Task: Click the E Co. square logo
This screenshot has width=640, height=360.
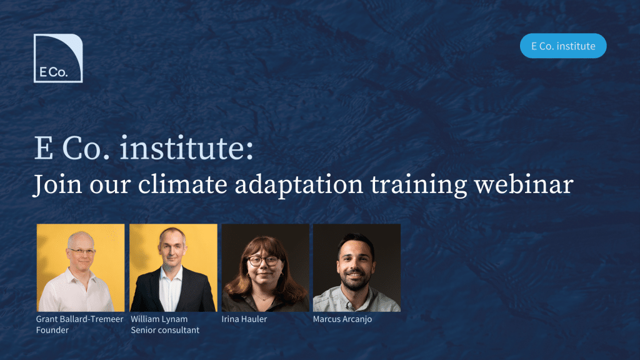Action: click(58, 58)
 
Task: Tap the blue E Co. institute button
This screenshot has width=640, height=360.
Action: click(563, 46)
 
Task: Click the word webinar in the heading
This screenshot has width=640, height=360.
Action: click(524, 184)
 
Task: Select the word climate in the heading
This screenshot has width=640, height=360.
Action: click(182, 184)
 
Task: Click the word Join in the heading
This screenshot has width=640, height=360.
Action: click(57, 185)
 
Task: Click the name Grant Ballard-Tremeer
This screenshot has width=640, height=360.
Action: click(79, 319)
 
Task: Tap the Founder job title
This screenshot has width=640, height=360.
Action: click(52, 330)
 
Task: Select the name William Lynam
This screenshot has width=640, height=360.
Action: click(159, 319)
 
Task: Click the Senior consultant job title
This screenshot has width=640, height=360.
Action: click(165, 330)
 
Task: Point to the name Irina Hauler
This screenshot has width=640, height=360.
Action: click(244, 319)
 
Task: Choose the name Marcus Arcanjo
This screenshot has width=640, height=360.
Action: click(342, 319)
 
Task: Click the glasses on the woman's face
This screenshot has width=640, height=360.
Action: click(264, 261)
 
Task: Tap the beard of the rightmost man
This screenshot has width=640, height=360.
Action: click(355, 281)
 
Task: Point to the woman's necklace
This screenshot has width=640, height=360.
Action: click(264, 298)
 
